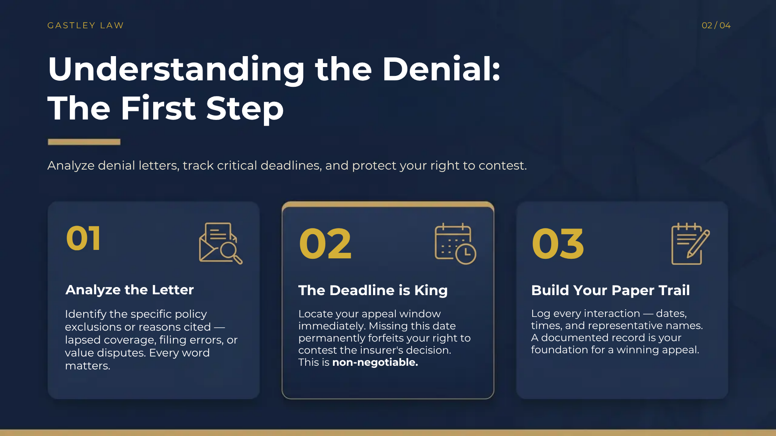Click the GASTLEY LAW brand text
point(85,25)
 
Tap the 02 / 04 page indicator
point(716,25)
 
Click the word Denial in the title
point(441,69)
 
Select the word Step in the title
point(245,109)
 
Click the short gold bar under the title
point(84,142)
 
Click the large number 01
point(83,239)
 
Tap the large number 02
point(325,244)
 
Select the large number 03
point(558,244)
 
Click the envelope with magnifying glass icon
point(220,243)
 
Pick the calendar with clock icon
point(455,244)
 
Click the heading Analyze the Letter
point(129,290)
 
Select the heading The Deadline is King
point(373,290)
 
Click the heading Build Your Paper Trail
point(610,290)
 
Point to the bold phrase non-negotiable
point(375,363)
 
